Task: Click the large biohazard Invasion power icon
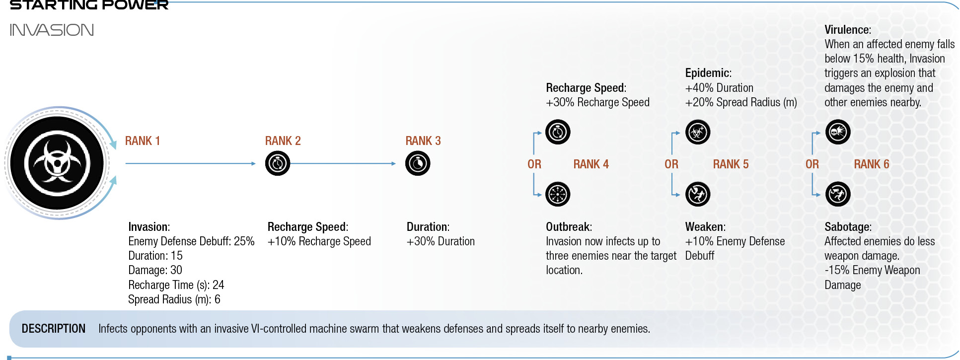pyautogui.click(x=57, y=163)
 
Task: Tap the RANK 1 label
pyautogui.click(x=143, y=141)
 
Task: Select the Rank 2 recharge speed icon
pyautogui.click(x=278, y=163)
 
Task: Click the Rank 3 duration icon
pyautogui.click(x=418, y=163)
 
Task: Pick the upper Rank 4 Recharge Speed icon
pyautogui.click(x=558, y=132)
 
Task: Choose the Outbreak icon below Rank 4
pyautogui.click(x=558, y=194)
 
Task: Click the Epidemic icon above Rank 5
pyautogui.click(x=698, y=132)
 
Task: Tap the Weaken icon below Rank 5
pyautogui.click(x=698, y=194)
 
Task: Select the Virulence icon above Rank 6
pyautogui.click(x=838, y=132)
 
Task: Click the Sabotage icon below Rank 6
pyautogui.click(x=838, y=194)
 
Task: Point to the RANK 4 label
pyautogui.click(x=591, y=164)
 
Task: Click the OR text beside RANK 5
pyautogui.click(x=671, y=164)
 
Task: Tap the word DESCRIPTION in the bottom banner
pyautogui.click(x=54, y=329)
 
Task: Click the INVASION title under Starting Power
pyautogui.click(x=52, y=30)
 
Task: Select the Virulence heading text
pyautogui.click(x=848, y=30)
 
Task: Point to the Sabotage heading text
pyautogui.click(x=848, y=227)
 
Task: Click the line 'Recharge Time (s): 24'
pyautogui.click(x=176, y=285)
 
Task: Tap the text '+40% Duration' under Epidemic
pyautogui.click(x=719, y=88)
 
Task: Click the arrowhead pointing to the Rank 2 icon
pyautogui.click(x=253, y=163)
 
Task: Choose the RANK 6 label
pyautogui.click(x=872, y=164)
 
